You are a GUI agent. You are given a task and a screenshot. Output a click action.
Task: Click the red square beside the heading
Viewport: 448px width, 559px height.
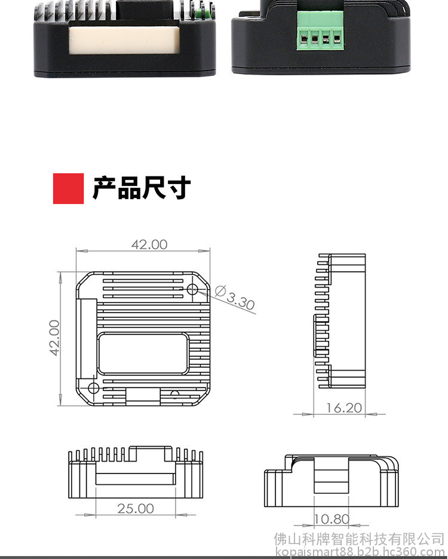click(x=68, y=188)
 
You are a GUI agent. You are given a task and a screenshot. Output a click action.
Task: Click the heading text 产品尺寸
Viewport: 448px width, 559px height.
click(x=142, y=188)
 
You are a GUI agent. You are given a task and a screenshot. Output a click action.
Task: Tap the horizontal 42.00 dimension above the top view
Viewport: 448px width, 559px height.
click(x=149, y=245)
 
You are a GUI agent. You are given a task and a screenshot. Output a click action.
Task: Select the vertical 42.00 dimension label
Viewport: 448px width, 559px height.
click(x=54, y=338)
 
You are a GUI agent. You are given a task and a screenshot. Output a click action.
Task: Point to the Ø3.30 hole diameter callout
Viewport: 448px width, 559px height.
click(x=235, y=298)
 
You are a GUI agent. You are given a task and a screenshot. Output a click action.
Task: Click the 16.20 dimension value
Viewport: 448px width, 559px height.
click(x=344, y=408)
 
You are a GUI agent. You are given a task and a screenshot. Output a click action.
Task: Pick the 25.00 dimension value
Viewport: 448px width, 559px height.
click(x=136, y=509)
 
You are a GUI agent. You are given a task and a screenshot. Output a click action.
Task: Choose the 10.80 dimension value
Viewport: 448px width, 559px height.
click(x=332, y=519)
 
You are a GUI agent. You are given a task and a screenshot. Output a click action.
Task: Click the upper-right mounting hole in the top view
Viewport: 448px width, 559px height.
click(x=193, y=289)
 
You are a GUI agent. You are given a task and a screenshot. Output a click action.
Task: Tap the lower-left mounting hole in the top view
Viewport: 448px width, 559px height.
click(x=93, y=388)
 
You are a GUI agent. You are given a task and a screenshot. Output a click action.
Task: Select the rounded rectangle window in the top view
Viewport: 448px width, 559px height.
click(x=143, y=353)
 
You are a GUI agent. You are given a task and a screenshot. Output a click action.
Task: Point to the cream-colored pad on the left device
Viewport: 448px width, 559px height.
click(x=124, y=40)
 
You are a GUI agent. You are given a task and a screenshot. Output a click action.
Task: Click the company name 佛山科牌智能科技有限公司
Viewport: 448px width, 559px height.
click(x=359, y=539)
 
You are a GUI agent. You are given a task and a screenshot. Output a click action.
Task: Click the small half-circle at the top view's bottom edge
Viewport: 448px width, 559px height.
click(x=174, y=393)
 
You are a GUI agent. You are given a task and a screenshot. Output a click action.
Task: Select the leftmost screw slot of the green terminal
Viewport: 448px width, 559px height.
click(x=304, y=38)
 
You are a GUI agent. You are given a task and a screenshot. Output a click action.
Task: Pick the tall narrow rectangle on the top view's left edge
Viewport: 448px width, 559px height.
click(x=87, y=339)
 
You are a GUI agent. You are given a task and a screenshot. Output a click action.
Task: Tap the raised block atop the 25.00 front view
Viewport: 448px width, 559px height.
click(x=151, y=453)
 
